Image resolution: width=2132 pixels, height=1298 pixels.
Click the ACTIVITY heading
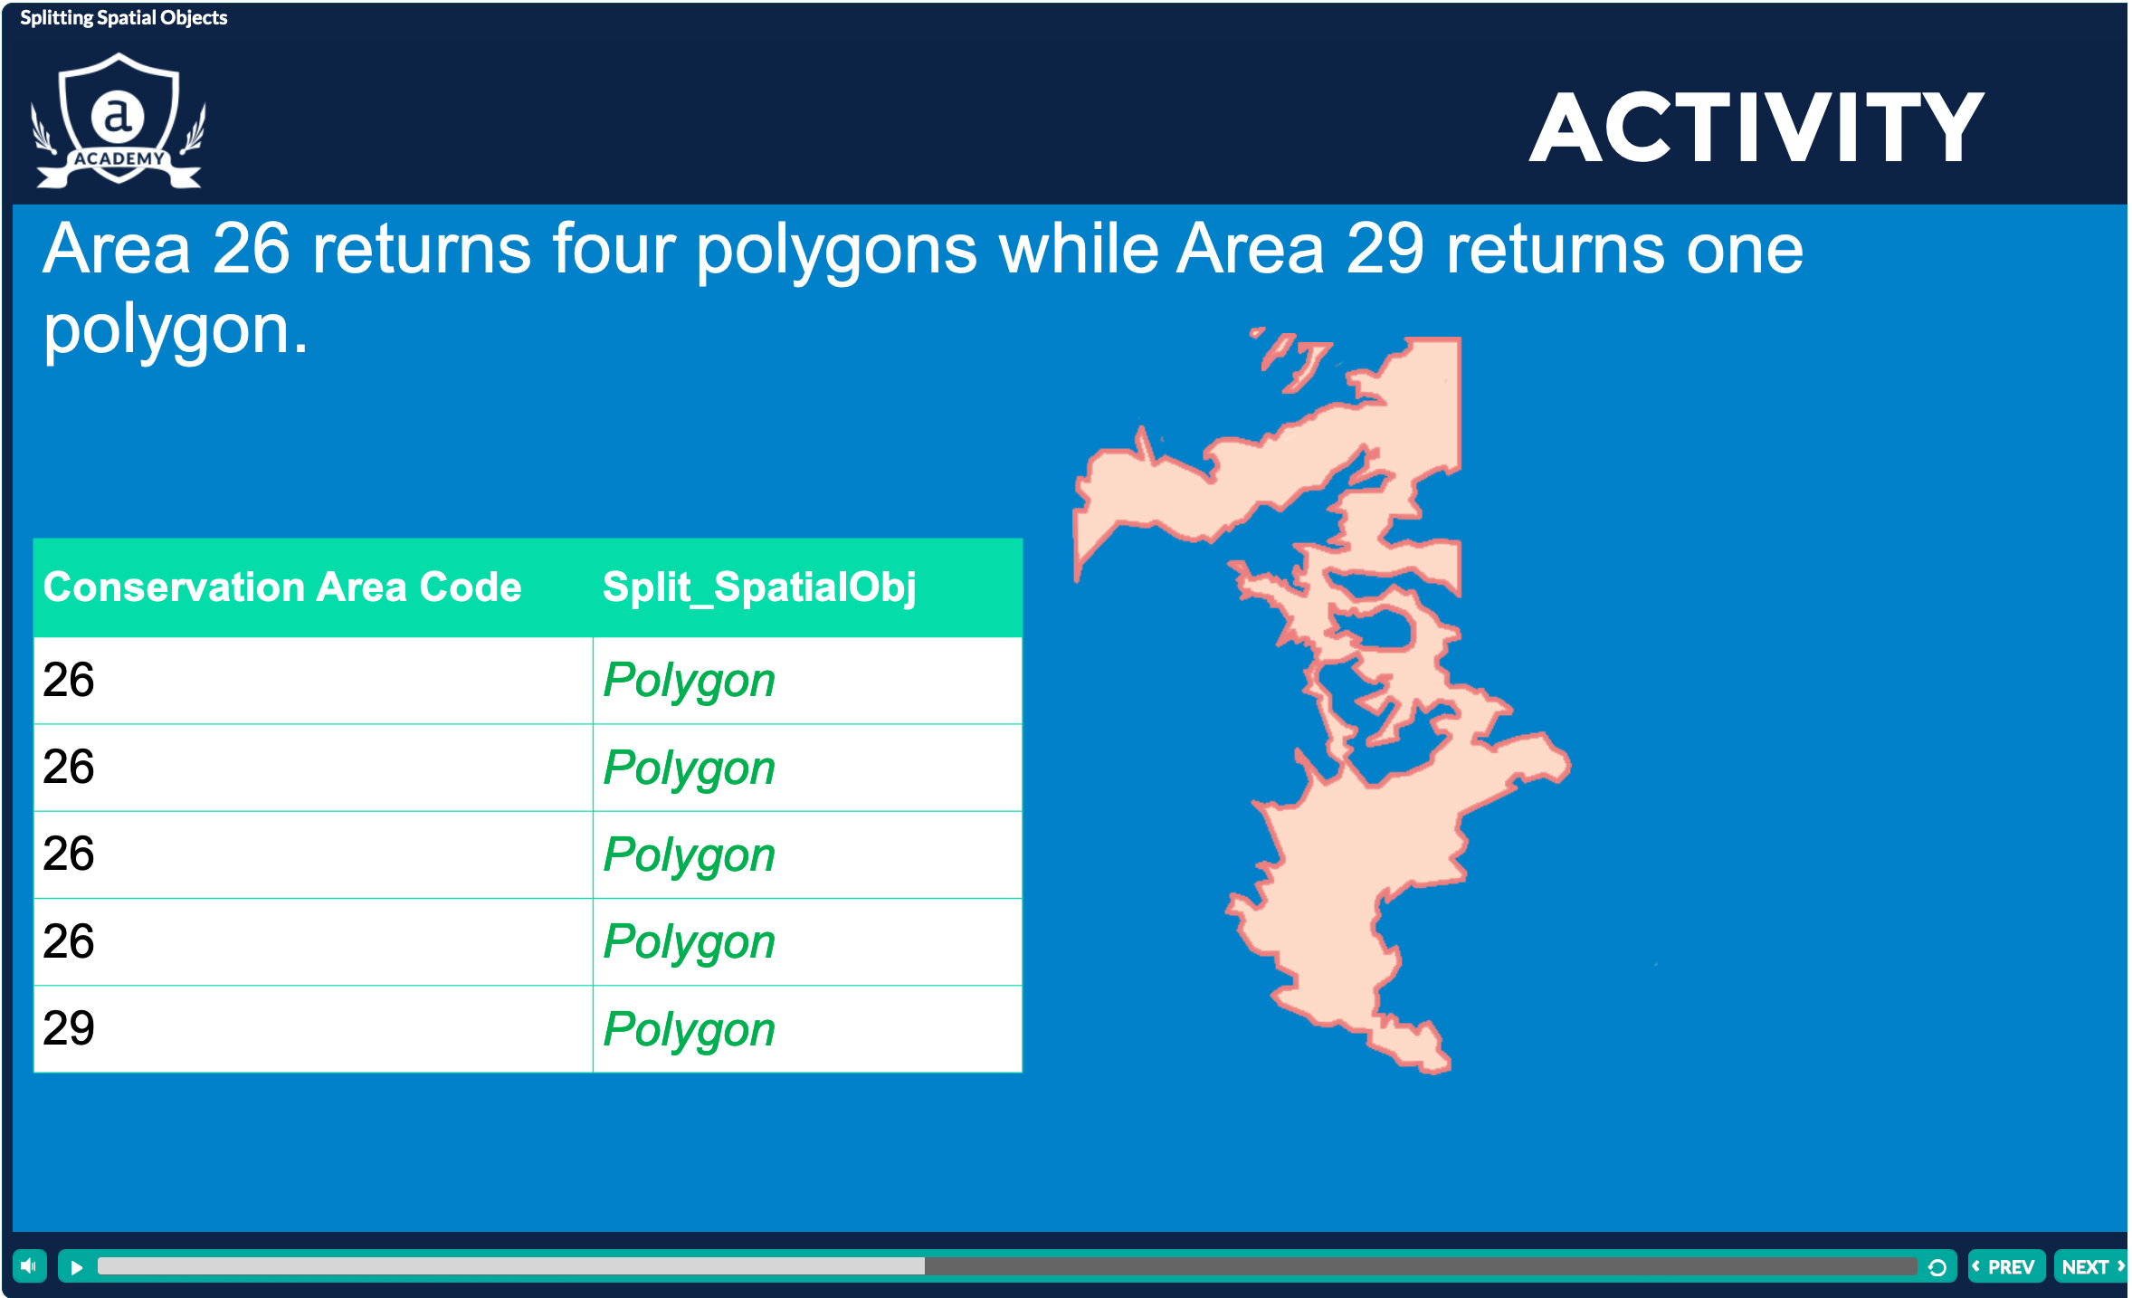point(1756,129)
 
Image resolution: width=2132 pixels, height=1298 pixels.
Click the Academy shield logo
point(119,120)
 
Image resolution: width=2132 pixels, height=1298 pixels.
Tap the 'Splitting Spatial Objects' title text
point(124,18)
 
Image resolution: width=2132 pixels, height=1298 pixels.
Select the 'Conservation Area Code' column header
point(282,587)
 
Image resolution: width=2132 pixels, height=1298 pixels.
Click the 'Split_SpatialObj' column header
point(758,587)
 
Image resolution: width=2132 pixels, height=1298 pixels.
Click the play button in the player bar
point(77,1267)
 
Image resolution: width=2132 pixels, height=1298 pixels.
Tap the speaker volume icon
point(29,1265)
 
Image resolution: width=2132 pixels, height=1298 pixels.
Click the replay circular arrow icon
point(1937,1267)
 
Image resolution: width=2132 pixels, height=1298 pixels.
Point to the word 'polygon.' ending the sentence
point(176,329)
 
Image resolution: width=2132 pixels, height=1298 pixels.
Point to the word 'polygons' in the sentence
point(836,251)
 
